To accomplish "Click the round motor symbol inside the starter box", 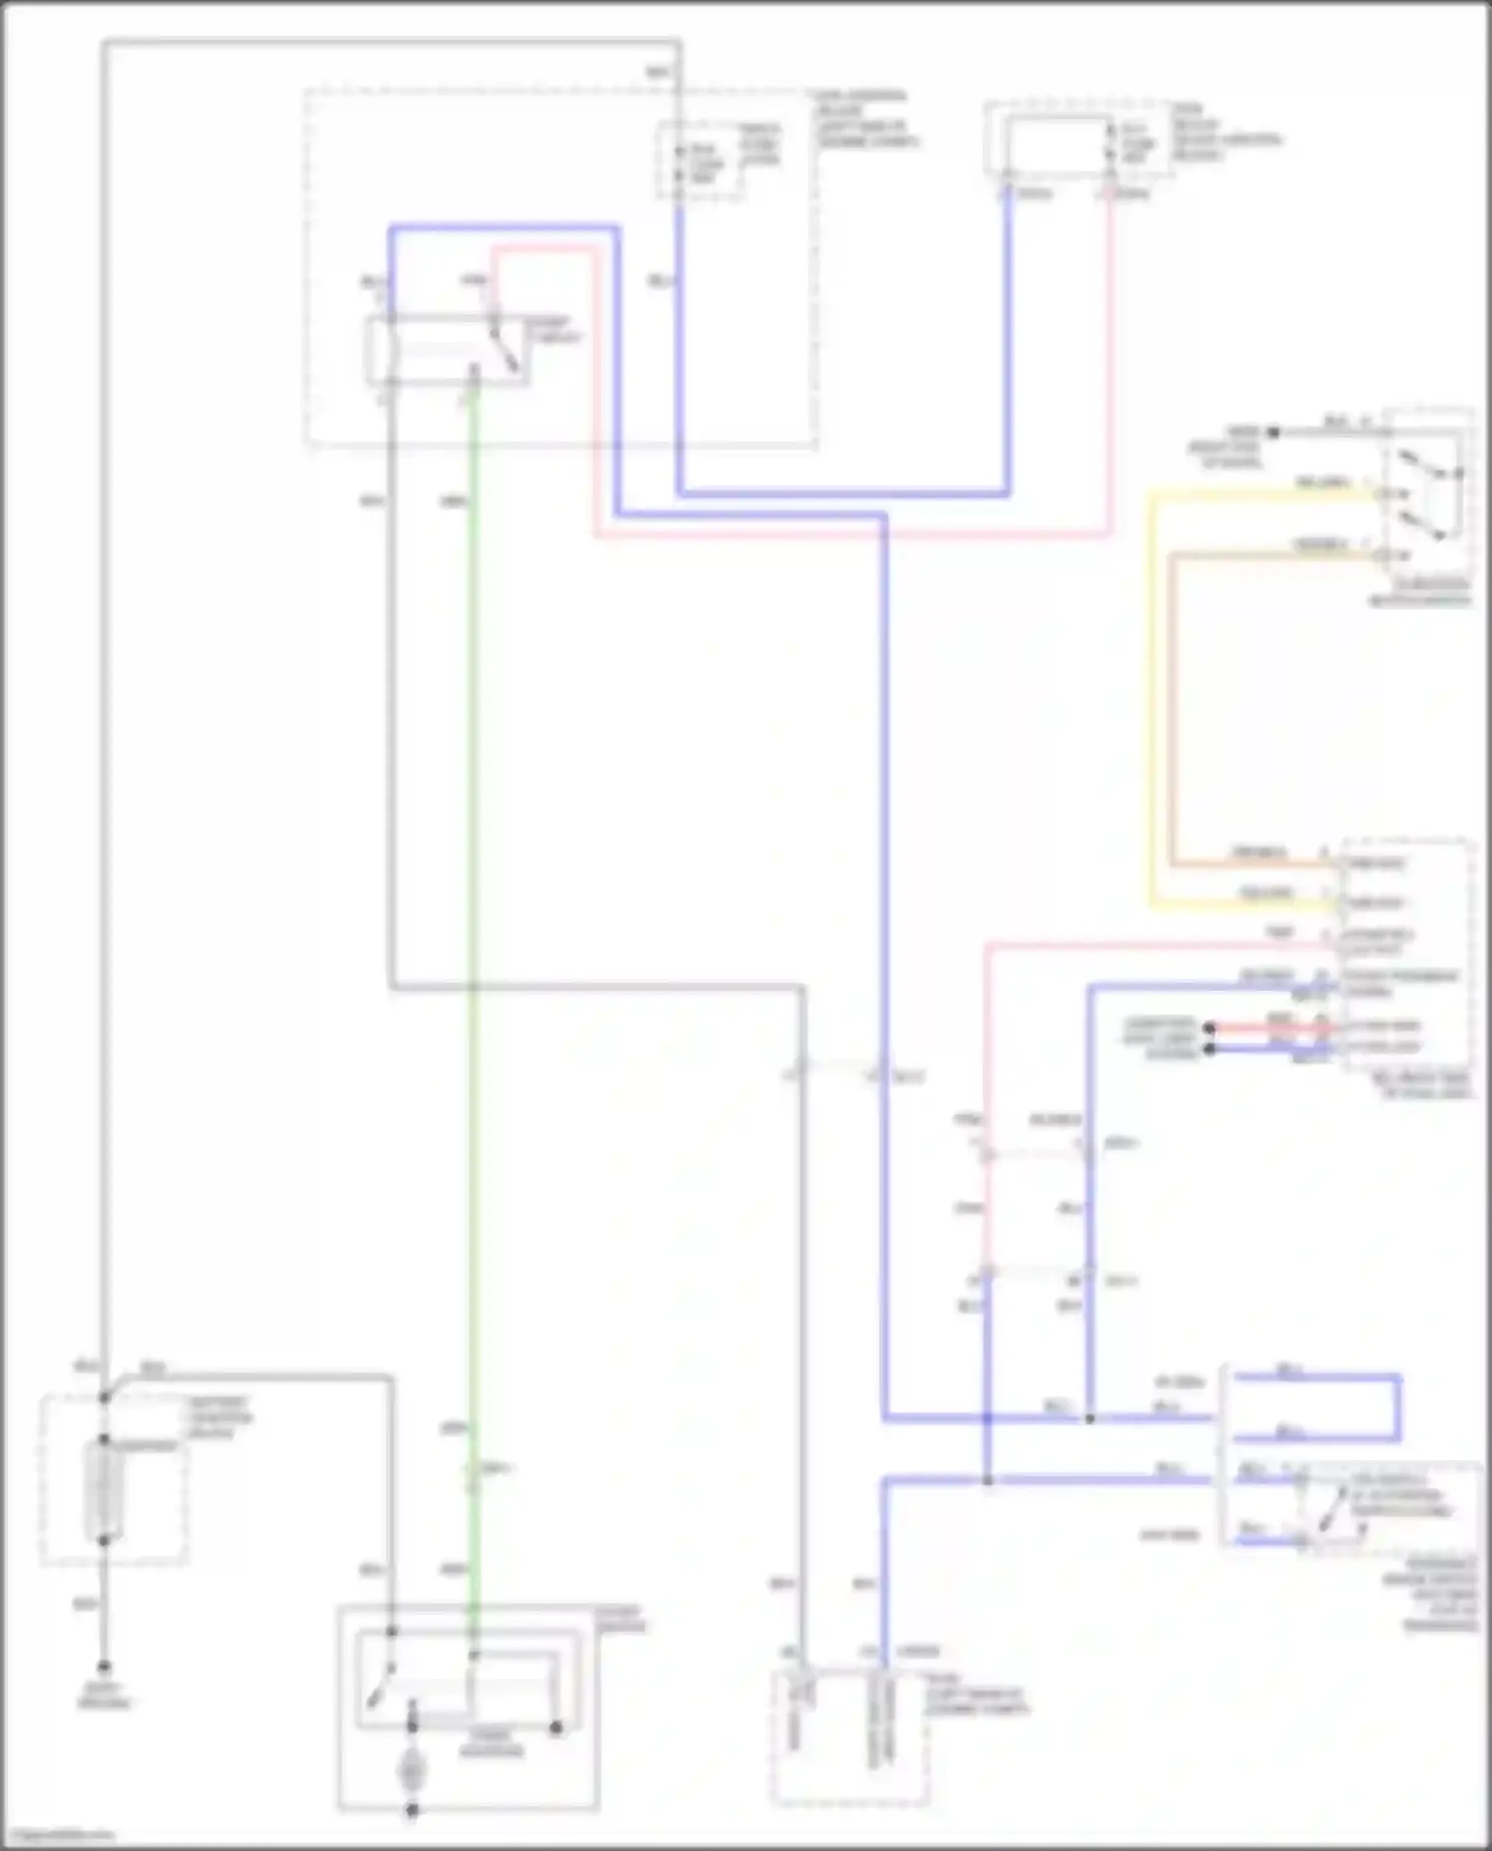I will click(410, 1770).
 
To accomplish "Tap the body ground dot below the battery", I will click(103, 1667).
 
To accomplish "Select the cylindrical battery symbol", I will click(103, 1489).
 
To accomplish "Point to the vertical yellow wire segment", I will click(1152, 696).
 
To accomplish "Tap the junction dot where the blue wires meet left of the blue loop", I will click(1089, 1418).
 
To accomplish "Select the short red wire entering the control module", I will click(1268, 1027).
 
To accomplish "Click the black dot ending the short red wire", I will click(1210, 1027).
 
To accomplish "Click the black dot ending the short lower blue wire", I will click(1210, 1048).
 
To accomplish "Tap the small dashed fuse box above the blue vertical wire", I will click(700, 159).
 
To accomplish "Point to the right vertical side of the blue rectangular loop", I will click(1399, 1407).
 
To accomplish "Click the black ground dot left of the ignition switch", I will click(1272, 432).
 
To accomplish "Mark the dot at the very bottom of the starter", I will click(411, 1810).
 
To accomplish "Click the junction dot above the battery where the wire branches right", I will click(104, 1397).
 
